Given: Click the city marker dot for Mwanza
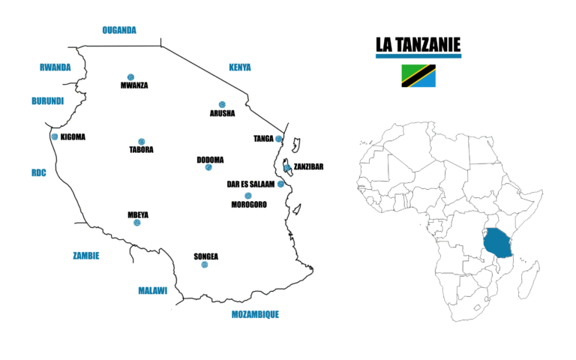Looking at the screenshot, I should click(x=130, y=76).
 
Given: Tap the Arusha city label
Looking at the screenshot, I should click(x=222, y=114).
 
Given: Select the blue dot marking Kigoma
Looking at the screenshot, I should click(x=55, y=136).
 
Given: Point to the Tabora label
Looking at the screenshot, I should click(x=141, y=149).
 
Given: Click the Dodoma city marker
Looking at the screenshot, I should click(x=208, y=167).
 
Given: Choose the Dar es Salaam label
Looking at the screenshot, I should click(x=250, y=184).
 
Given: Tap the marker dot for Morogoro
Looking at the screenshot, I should click(x=248, y=196).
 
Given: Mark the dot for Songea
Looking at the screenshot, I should click(x=205, y=265).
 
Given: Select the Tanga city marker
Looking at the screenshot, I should click(x=278, y=139).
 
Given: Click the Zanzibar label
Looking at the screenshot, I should click(x=308, y=166).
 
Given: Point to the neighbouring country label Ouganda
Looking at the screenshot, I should click(x=119, y=30).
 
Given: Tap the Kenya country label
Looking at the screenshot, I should click(x=239, y=67).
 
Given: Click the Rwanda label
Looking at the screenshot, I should click(x=55, y=67).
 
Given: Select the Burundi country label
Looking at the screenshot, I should click(x=47, y=101).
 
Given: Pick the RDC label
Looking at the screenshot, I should click(x=38, y=172).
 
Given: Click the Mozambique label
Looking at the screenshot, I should click(x=255, y=314).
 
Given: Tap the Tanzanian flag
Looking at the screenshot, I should click(x=418, y=75).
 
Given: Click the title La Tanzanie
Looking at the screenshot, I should click(x=418, y=46).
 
